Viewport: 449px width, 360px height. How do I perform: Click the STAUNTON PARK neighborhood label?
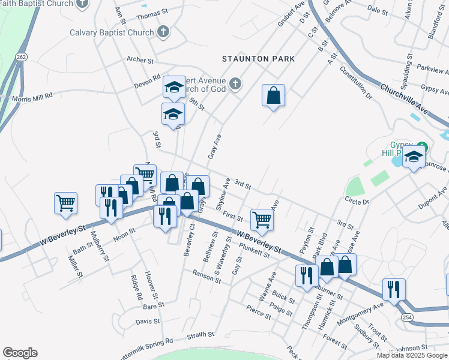point(258,59)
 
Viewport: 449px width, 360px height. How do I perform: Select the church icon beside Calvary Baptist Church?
point(163,31)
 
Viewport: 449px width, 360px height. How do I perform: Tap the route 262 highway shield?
point(22,57)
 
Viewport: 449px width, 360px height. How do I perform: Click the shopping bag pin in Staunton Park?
point(273,95)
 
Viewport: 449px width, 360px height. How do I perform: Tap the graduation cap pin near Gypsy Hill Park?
point(414,158)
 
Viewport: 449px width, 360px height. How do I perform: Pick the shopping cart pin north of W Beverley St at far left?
point(65,202)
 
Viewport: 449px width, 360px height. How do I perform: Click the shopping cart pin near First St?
point(262,220)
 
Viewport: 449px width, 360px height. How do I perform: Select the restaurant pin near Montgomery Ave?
point(394,289)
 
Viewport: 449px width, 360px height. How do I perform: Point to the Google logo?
point(20,353)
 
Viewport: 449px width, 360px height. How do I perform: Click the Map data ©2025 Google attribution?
point(412,355)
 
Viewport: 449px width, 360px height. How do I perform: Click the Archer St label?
point(140,60)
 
